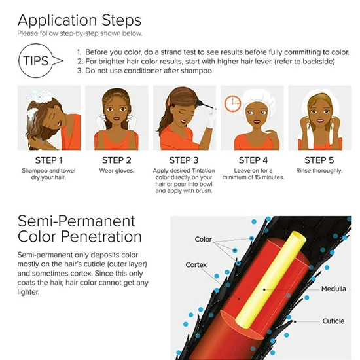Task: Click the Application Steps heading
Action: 79,20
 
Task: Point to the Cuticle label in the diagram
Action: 333,321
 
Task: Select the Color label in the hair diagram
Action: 204,240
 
